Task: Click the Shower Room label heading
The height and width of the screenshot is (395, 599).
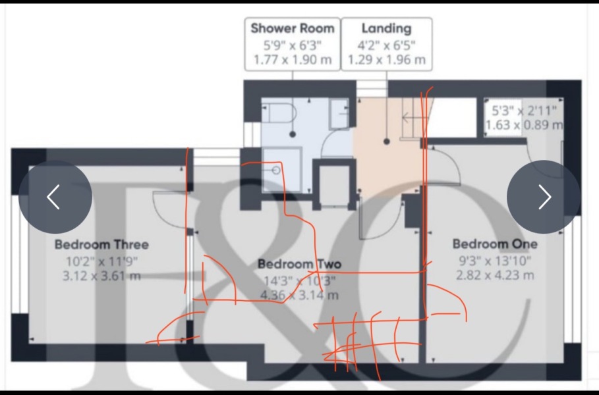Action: tap(293, 28)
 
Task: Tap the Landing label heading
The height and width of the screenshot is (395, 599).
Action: tap(386, 28)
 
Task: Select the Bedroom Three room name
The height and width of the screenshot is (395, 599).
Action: tap(101, 244)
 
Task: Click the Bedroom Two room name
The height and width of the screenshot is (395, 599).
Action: tap(299, 264)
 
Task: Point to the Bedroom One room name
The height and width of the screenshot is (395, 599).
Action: tap(494, 244)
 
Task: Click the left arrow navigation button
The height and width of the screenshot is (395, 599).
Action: tap(55, 197)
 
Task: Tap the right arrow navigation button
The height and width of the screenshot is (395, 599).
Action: tap(544, 197)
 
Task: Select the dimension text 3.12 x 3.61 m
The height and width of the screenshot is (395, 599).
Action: tap(101, 276)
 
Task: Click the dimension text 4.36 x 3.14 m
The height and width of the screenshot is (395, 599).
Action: tap(299, 296)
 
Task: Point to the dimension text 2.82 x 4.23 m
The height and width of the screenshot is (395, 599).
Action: tap(494, 275)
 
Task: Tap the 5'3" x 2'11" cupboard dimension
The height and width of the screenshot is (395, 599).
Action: tap(525, 110)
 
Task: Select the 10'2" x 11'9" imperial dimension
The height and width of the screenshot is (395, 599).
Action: tap(101, 261)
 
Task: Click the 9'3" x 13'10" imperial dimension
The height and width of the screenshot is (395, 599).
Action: tap(494, 260)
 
